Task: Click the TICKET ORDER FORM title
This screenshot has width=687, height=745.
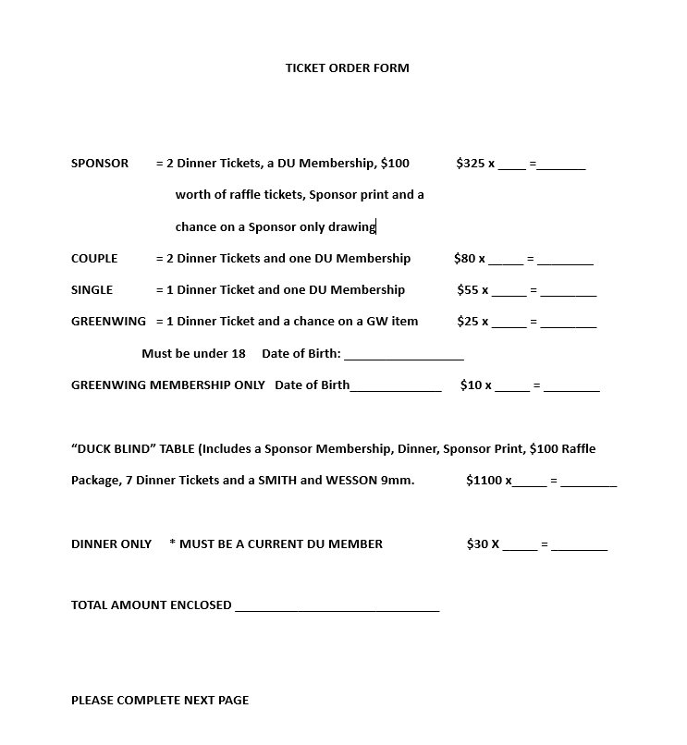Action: pos(347,67)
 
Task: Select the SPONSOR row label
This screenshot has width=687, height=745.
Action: pos(100,164)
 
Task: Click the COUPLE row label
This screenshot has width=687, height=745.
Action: pos(94,259)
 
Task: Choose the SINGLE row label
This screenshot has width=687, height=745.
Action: pos(92,290)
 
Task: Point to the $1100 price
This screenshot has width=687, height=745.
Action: pos(485,481)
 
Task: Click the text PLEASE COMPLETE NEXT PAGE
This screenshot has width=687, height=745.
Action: pos(160,701)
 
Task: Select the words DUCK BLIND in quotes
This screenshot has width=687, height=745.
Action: pos(116,449)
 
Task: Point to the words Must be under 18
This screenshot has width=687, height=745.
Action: pos(193,354)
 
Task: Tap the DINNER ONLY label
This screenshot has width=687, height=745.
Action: pos(111,544)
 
